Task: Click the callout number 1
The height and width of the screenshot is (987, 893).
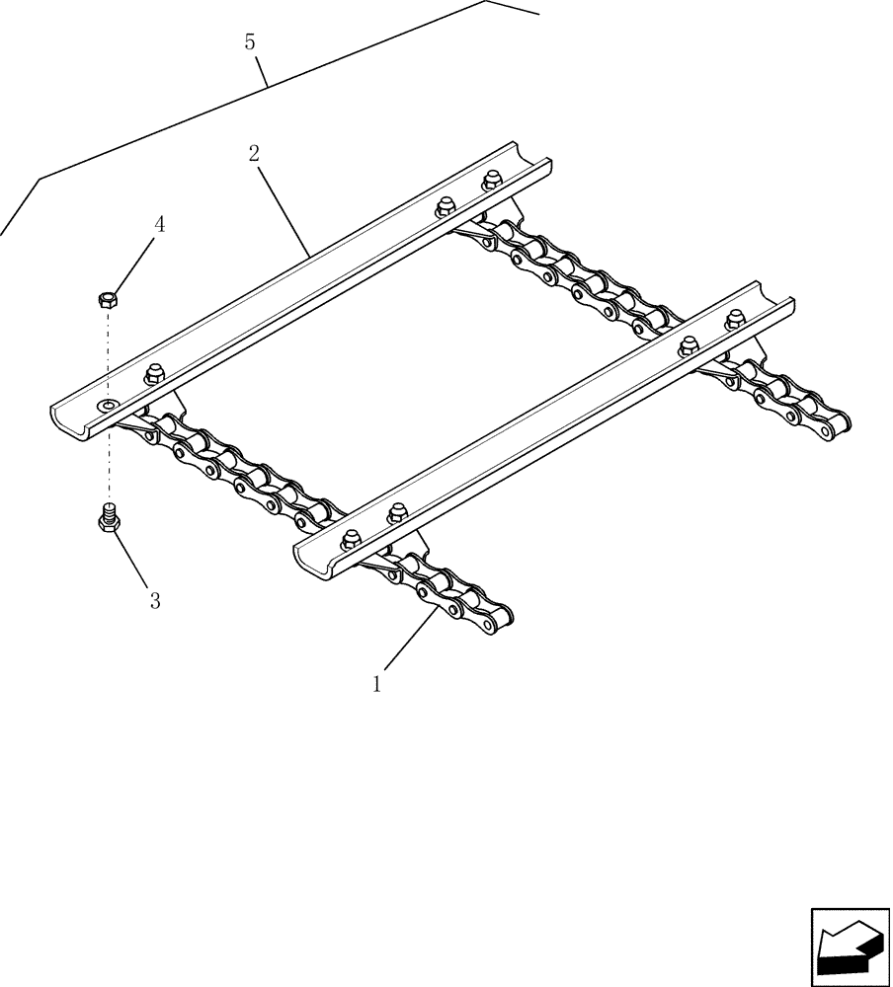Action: pyautogui.click(x=376, y=683)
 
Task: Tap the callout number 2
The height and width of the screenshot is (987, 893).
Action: pyautogui.click(x=254, y=153)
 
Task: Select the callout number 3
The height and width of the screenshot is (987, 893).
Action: pyautogui.click(x=154, y=600)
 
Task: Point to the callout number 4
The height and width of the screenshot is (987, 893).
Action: pyautogui.click(x=159, y=224)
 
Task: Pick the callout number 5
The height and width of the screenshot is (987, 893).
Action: pyautogui.click(x=250, y=41)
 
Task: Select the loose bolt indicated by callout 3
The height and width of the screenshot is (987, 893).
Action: pyautogui.click(x=109, y=518)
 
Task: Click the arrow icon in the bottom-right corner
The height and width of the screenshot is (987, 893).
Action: pyautogui.click(x=849, y=947)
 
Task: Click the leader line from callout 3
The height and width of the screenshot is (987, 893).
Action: pyautogui.click(x=134, y=562)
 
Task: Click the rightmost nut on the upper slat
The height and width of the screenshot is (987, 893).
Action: pyautogui.click(x=490, y=182)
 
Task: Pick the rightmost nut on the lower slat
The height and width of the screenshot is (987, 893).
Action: pyautogui.click(x=735, y=319)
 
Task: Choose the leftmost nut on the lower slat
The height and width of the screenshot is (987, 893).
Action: pyautogui.click(x=351, y=539)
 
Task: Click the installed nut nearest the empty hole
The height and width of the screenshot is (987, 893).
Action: pyautogui.click(x=153, y=373)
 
